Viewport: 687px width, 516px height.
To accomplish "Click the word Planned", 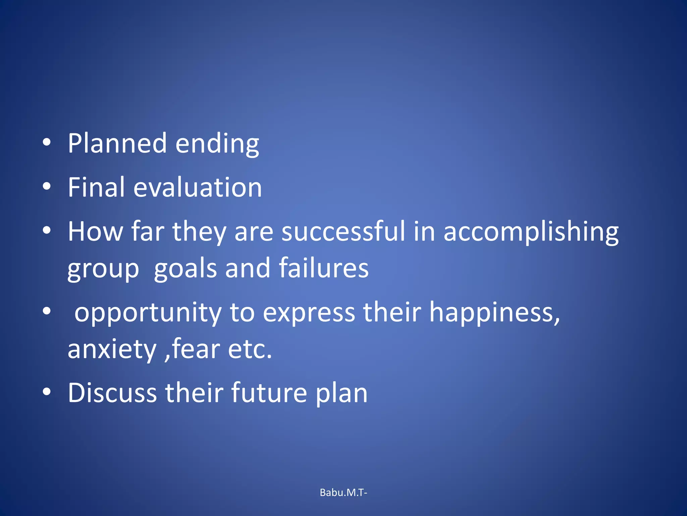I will pyautogui.click(x=117, y=143).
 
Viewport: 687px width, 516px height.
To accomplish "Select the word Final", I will pyautogui.click(x=96, y=187).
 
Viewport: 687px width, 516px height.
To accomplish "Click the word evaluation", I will pyautogui.click(x=198, y=187).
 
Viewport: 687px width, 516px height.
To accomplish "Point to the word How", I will pyautogui.click(x=95, y=231).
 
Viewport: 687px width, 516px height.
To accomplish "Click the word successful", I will pyautogui.click(x=343, y=231).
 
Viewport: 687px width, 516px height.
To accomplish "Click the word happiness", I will pyautogui.click(x=494, y=312).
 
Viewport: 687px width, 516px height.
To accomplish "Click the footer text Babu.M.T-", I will pyautogui.click(x=343, y=492).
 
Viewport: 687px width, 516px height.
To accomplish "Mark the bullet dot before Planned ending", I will pyautogui.click(x=47, y=143).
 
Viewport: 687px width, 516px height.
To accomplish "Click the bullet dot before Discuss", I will pyautogui.click(x=47, y=392).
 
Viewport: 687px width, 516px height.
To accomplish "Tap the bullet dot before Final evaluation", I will pyautogui.click(x=47, y=186).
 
